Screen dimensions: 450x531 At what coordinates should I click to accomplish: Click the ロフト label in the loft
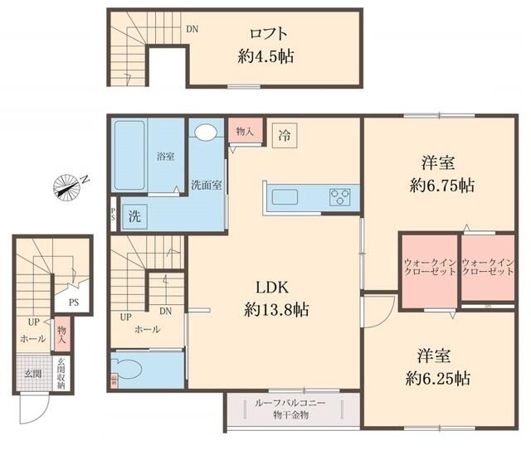(x=269, y=35)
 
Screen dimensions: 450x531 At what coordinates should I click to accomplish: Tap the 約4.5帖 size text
(x=263, y=57)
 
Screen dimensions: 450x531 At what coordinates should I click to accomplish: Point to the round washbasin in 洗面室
(x=205, y=133)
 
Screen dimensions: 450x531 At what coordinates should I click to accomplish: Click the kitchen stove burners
(x=340, y=197)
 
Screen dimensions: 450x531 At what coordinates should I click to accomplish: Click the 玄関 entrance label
(x=32, y=372)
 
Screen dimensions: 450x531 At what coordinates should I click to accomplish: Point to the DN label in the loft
(x=192, y=29)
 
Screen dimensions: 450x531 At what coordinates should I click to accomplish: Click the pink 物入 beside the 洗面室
(x=245, y=132)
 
